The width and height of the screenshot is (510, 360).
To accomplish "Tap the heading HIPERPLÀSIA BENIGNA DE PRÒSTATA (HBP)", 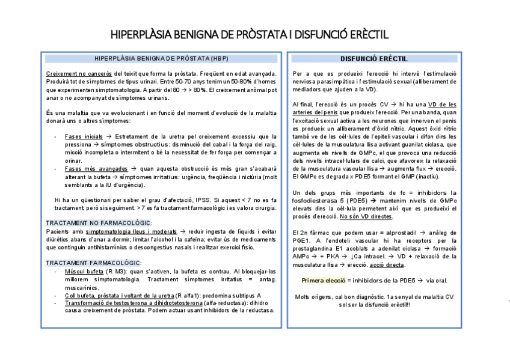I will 162,59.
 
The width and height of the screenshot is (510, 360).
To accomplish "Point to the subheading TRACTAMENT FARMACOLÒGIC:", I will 94,263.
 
